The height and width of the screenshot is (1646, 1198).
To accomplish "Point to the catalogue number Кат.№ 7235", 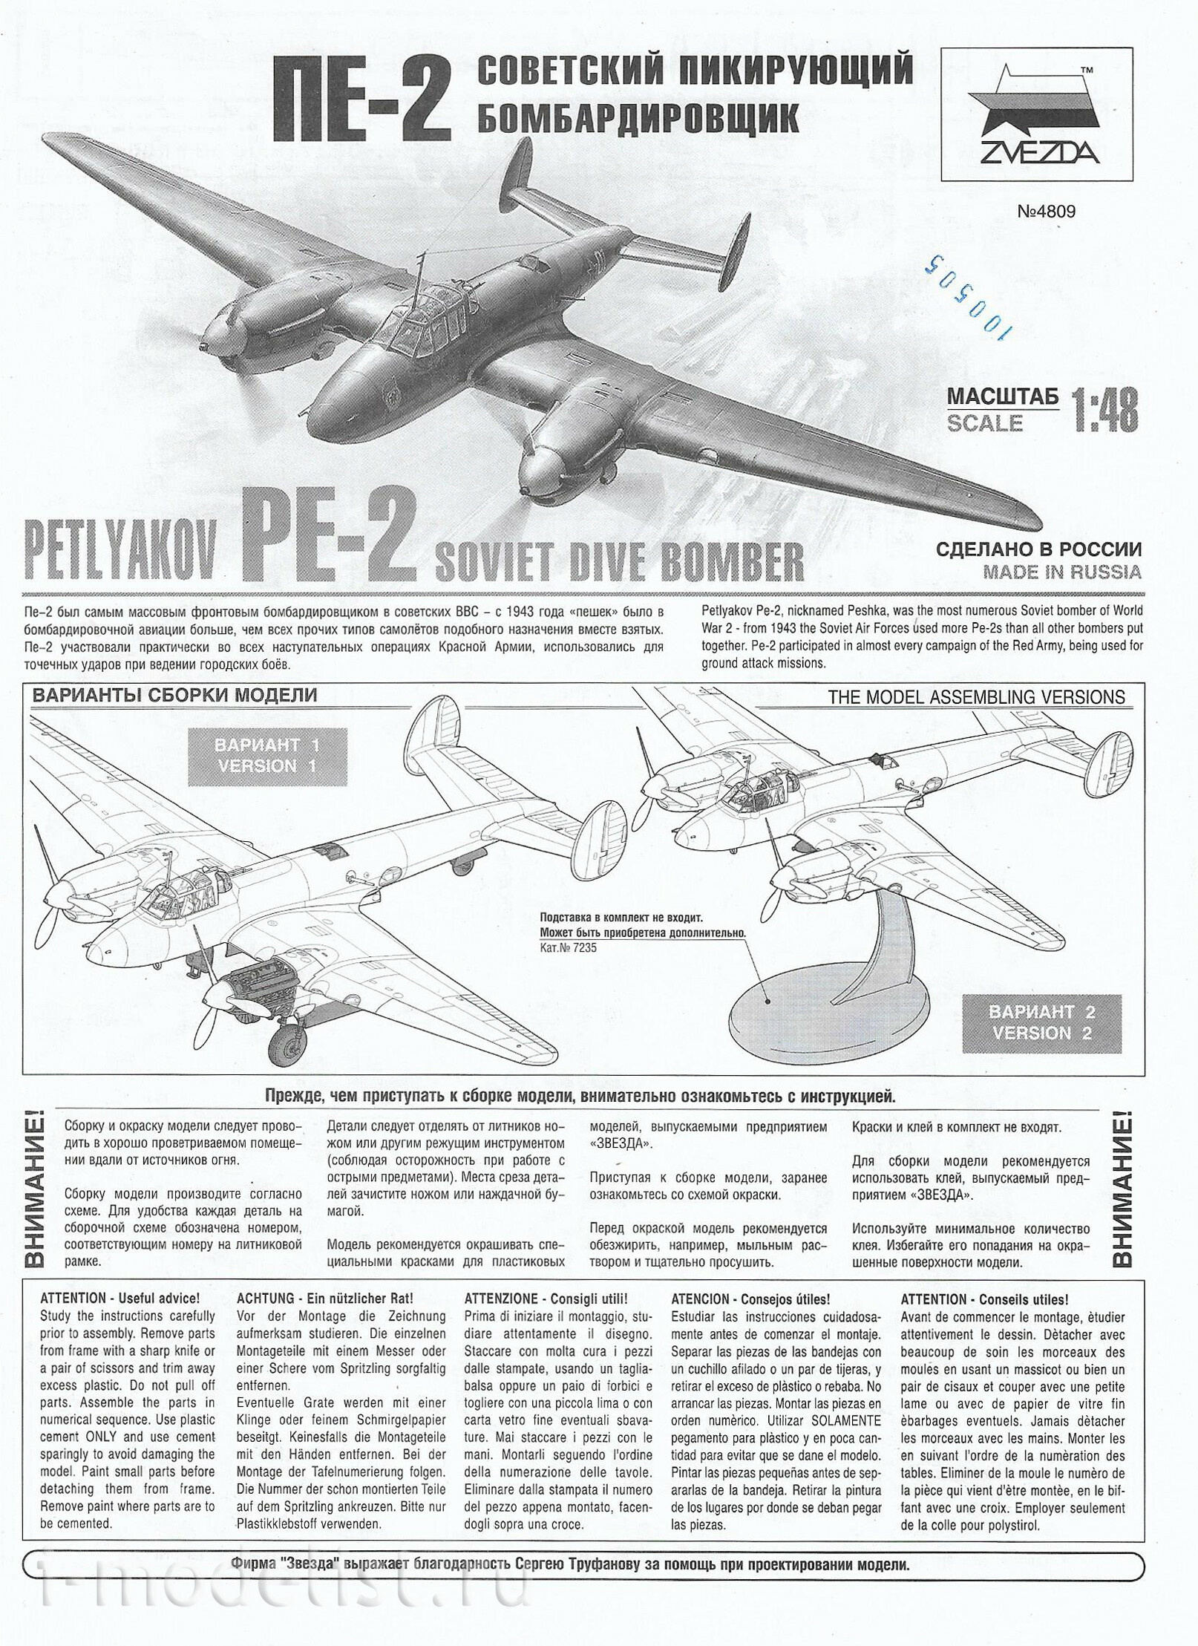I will click(569, 947).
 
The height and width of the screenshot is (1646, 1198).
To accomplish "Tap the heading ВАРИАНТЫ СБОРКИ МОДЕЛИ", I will click(173, 696).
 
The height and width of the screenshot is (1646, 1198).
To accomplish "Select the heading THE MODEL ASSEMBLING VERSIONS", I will click(975, 696).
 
